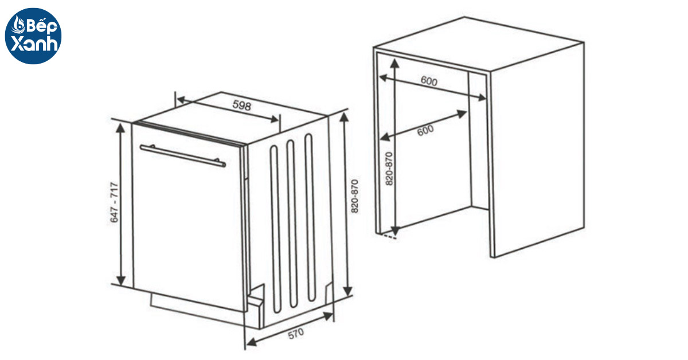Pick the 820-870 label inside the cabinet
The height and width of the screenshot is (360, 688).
coord(389,169)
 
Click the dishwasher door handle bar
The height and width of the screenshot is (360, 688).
coord(182,155)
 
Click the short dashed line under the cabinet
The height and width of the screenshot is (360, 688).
coord(389,236)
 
